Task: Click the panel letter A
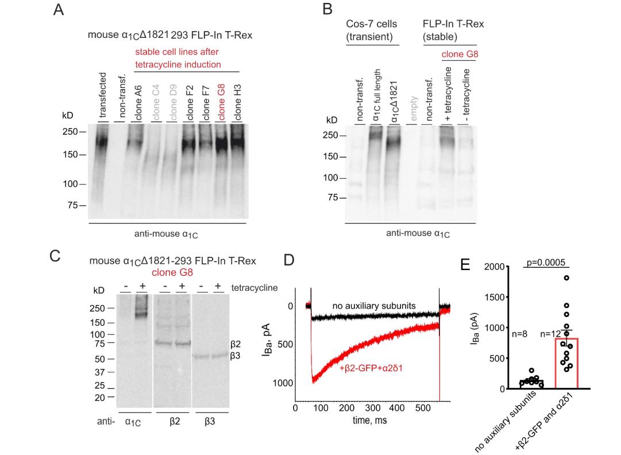pos(58,10)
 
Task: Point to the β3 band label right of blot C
pos(236,356)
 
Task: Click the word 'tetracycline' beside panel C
pos(254,287)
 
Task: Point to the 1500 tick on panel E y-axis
pos(494,297)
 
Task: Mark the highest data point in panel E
pos(566,277)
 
